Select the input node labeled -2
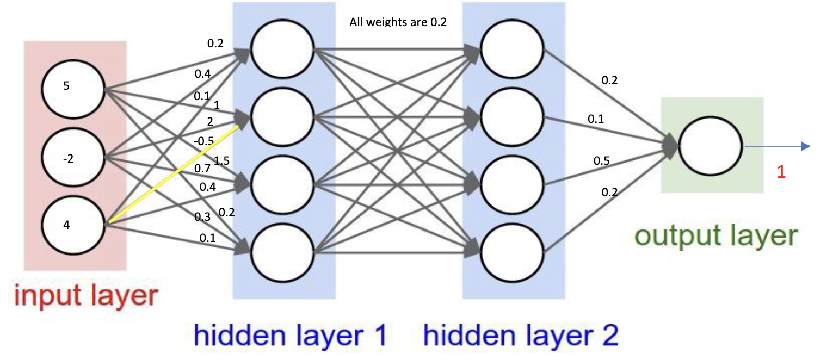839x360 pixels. (73, 158)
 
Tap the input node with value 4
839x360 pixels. (73, 224)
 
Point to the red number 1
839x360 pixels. (781, 172)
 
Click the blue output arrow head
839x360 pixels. (806, 146)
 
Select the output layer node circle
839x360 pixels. (711, 146)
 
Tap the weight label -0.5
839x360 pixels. (203, 141)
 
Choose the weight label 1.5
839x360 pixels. (221, 160)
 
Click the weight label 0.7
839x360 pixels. (202, 168)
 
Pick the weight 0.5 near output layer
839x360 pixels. (602, 160)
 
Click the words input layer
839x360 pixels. (86, 297)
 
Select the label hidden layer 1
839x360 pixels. (290, 336)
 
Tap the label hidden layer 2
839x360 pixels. (521, 336)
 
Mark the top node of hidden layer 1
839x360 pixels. (282, 51)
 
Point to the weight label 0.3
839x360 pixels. (202, 217)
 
